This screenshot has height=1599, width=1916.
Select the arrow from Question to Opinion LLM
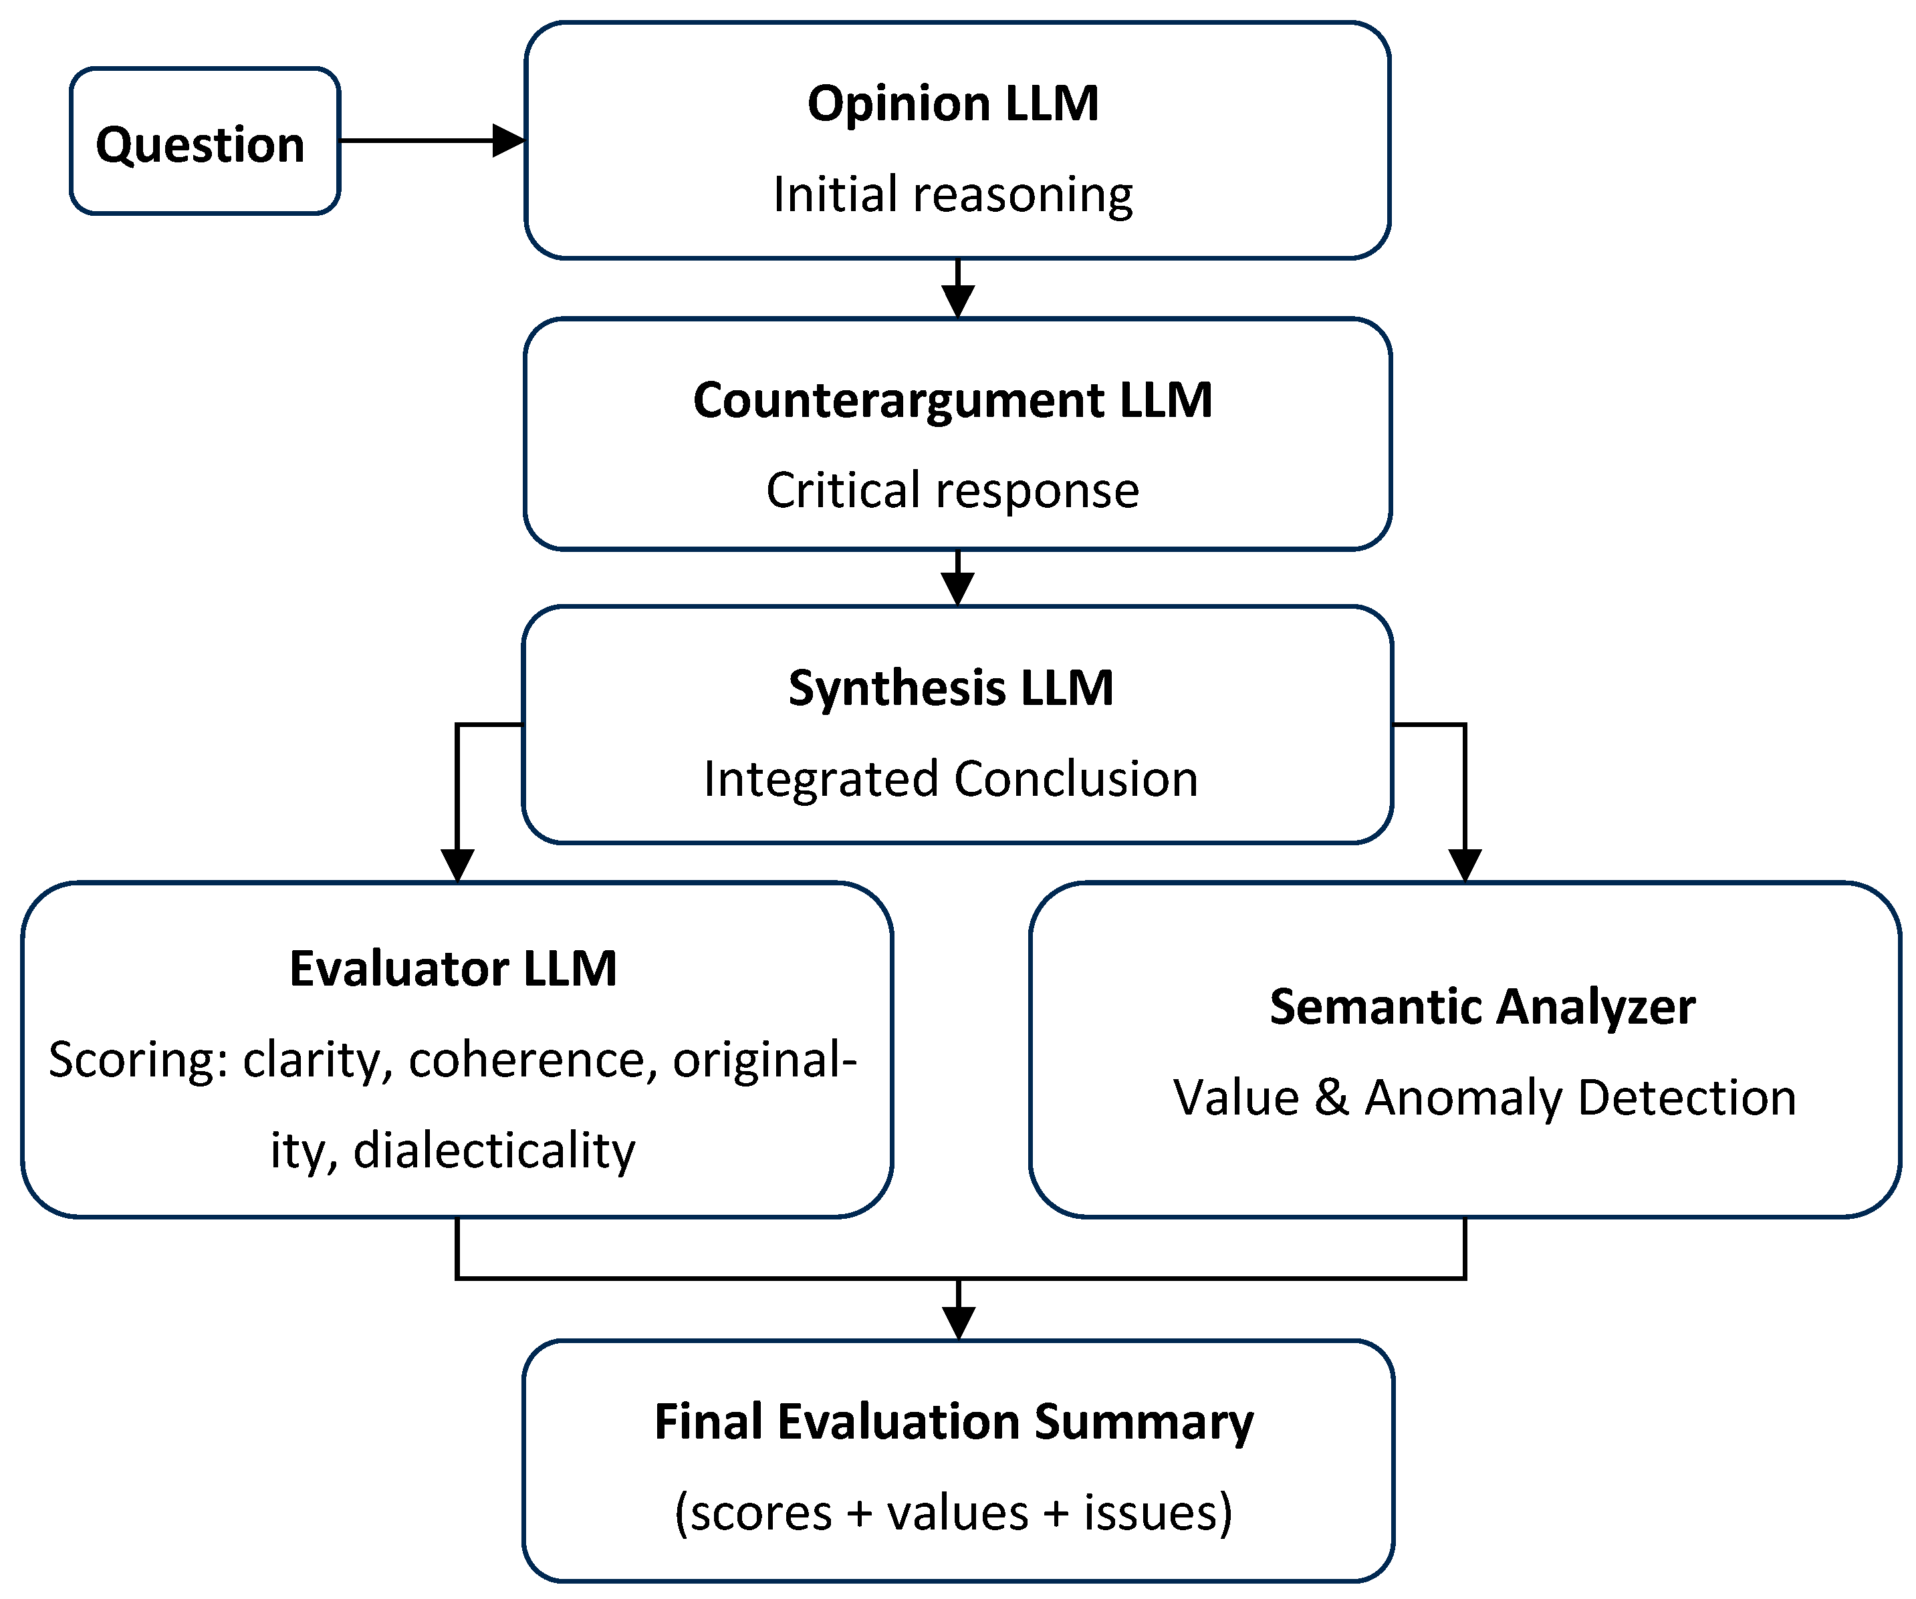point(429,140)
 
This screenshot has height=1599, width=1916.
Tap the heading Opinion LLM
point(953,103)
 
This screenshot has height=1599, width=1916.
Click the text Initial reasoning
point(953,194)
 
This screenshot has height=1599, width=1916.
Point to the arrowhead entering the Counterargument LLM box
point(957,300)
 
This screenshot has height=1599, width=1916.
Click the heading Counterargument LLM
point(953,400)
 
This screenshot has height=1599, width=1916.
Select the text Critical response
point(953,490)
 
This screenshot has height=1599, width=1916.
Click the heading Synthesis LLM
point(951,688)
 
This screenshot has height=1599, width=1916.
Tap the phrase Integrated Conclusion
point(951,779)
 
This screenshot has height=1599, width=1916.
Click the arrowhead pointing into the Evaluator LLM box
point(457,864)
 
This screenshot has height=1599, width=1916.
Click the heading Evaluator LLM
point(453,969)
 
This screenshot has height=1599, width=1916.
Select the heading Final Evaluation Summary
point(953,1422)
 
